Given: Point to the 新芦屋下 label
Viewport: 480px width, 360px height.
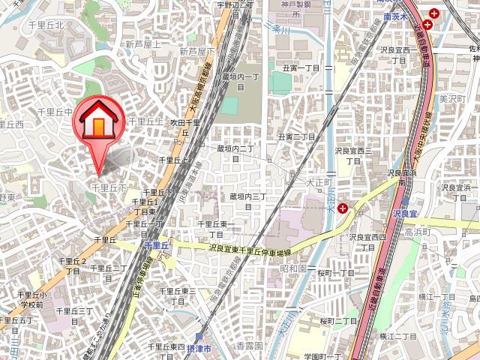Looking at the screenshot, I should tap(196, 52).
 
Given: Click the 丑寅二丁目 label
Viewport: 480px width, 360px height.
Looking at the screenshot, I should tap(295, 137).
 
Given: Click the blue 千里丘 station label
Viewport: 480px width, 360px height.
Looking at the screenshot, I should tap(156, 245).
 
